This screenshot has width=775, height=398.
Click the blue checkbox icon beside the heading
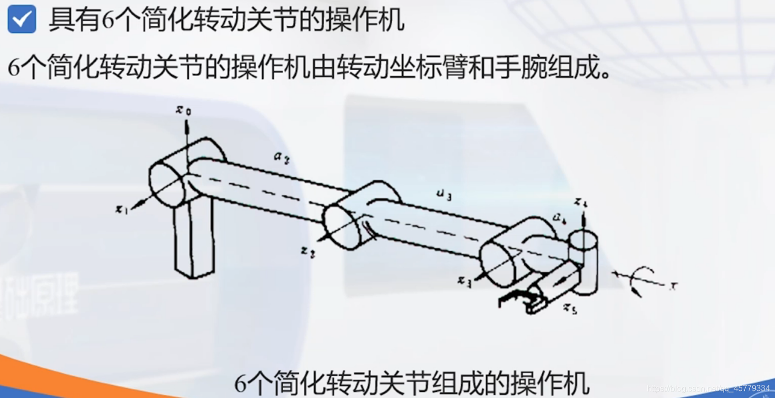(22, 19)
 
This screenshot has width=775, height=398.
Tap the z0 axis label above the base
(183, 110)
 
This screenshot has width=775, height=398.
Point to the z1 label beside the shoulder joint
(122, 208)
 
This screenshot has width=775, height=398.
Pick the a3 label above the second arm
(443, 195)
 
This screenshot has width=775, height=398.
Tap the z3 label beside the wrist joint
(464, 281)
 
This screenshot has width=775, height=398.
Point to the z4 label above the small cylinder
(581, 203)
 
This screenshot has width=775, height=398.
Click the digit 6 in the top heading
(109, 21)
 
